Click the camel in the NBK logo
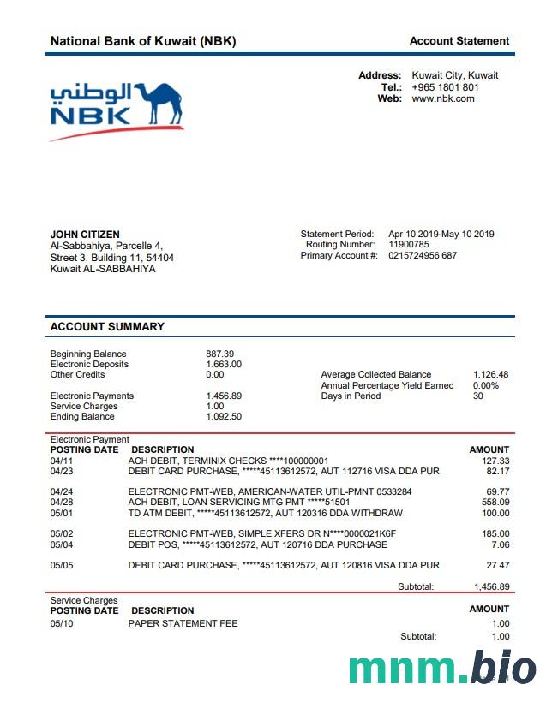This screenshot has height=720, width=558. coord(158,104)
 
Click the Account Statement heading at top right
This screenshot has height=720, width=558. coord(459,41)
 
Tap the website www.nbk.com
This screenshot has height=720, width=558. coord(442,98)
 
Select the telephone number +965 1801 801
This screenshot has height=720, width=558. coord(445,87)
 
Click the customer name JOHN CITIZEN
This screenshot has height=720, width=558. coord(85,235)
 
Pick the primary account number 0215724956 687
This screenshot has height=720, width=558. coord(423,256)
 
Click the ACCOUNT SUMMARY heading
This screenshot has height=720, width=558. coord(107,327)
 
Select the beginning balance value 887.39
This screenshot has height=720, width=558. coord(219,354)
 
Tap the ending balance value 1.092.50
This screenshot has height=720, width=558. coord(224,417)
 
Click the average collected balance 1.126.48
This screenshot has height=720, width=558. coord(490,375)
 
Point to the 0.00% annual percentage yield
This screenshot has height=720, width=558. coord(485,385)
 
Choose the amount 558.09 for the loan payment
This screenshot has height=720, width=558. coord(495,502)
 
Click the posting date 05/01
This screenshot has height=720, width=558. coord(62,514)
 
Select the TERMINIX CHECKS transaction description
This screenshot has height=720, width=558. coord(228,461)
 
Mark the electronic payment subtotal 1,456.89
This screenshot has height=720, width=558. coord(492,587)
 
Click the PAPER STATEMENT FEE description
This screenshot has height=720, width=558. coord(183,624)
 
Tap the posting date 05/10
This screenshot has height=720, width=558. coord(62,624)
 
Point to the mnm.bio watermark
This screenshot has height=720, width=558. coord(442,669)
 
